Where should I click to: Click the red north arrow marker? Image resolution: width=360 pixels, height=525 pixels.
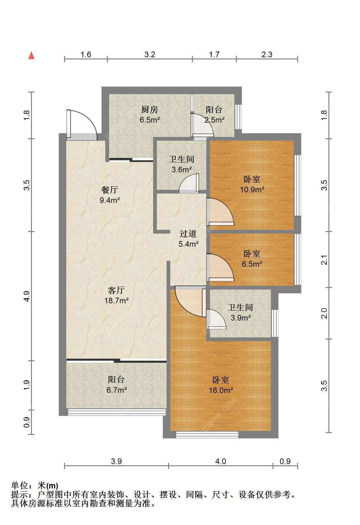(x=31, y=56)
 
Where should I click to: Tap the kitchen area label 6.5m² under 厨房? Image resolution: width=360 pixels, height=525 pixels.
(x=150, y=120)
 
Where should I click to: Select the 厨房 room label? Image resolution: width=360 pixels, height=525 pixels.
(x=150, y=109)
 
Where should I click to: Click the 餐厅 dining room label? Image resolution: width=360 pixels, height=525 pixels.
(x=110, y=189)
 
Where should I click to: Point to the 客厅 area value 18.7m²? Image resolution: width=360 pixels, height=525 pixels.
(x=117, y=300)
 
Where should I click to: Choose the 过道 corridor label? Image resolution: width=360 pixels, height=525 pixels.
(x=188, y=234)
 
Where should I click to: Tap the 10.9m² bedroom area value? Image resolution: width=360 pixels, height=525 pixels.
(x=252, y=189)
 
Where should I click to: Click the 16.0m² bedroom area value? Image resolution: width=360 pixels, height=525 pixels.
(x=221, y=390)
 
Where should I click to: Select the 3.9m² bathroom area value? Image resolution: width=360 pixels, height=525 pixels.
(x=241, y=318)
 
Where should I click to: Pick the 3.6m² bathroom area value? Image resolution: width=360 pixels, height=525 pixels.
(x=182, y=169)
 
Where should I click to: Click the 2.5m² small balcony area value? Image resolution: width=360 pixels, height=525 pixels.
(x=214, y=120)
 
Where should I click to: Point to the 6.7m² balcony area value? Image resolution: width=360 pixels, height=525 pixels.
(x=117, y=390)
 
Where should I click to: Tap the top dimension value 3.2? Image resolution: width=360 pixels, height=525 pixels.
(x=150, y=55)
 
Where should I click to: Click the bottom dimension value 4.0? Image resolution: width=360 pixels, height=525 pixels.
(x=221, y=462)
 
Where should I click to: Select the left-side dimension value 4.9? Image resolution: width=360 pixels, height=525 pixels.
(x=27, y=296)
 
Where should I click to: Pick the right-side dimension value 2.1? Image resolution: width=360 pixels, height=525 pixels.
(x=324, y=260)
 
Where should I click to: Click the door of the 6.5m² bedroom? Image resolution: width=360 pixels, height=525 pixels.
(x=220, y=267)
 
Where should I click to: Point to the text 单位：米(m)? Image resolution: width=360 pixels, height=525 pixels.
(x=34, y=485)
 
